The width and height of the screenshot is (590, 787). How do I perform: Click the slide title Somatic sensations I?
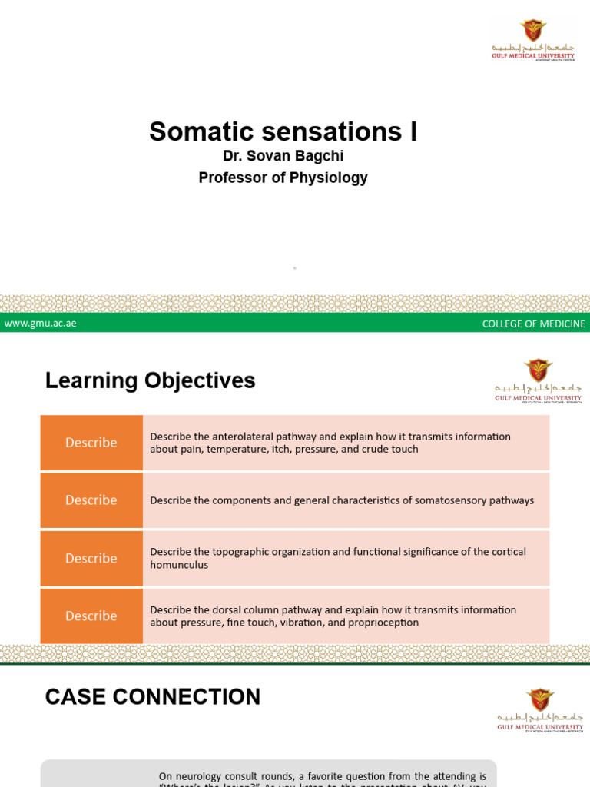tap(283, 131)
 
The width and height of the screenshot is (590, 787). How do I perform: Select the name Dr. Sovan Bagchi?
tap(283, 157)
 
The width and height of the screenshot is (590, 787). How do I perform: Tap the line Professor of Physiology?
tap(283, 178)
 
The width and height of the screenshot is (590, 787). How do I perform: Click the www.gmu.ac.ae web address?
tap(40, 324)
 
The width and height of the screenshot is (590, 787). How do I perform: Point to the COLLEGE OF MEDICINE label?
tap(533, 324)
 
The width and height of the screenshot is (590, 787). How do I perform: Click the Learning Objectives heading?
tap(150, 380)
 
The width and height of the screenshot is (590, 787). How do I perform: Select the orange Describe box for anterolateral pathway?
tap(91, 443)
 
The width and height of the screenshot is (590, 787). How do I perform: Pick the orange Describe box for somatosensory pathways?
tap(91, 500)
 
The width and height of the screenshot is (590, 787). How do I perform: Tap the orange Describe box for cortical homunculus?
tap(91, 558)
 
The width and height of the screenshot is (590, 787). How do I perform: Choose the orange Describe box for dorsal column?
tap(91, 616)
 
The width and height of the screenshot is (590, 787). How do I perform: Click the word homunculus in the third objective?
tap(179, 565)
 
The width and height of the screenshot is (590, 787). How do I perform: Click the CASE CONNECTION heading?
tap(152, 697)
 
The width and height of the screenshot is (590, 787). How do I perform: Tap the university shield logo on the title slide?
tap(533, 31)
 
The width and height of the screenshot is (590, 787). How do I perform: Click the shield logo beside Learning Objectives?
tap(538, 370)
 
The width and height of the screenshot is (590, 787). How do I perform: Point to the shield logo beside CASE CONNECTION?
tap(540, 700)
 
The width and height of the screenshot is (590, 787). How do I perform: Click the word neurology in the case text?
tap(199, 776)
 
